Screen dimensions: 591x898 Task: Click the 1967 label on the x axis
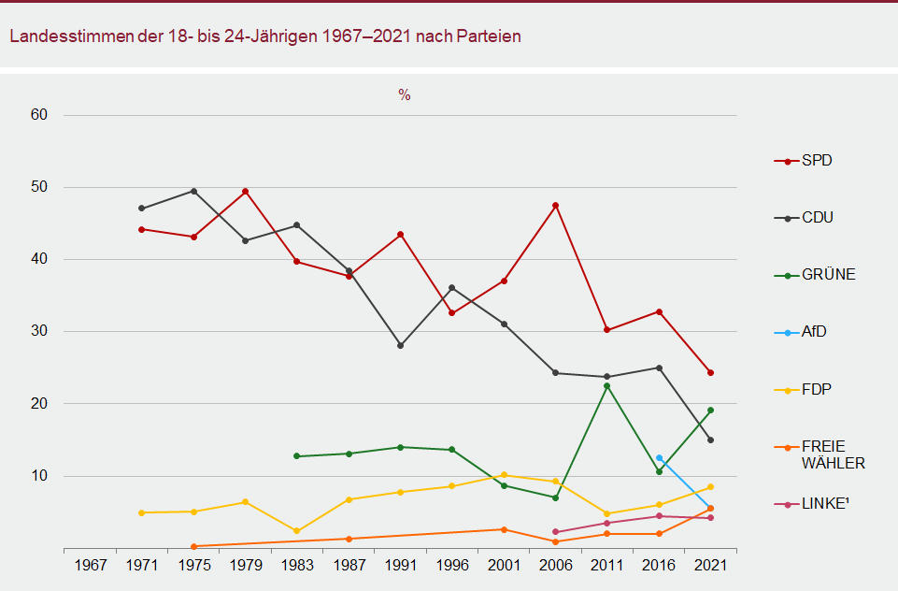click(90, 566)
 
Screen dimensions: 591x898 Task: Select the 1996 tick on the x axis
click(452, 566)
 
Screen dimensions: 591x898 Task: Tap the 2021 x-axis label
click(711, 566)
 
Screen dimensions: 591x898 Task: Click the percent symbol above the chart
click(405, 95)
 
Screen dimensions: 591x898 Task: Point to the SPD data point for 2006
click(556, 206)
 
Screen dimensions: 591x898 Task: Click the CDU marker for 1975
click(193, 191)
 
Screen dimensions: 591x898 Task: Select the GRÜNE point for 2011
click(607, 385)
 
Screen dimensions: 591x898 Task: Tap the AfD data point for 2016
click(659, 458)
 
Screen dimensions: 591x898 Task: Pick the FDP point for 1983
click(297, 531)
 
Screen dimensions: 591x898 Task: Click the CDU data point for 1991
click(401, 346)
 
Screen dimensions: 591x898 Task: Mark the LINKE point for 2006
click(556, 532)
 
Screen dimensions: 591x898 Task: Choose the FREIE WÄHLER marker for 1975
click(193, 546)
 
